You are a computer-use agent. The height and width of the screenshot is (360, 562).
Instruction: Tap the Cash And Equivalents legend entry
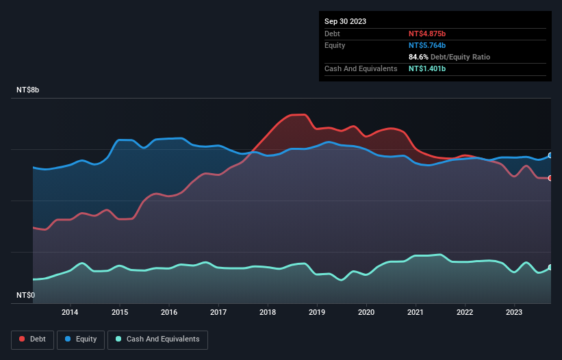click(157, 339)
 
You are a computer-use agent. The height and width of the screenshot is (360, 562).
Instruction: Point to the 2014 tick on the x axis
click(70, 313)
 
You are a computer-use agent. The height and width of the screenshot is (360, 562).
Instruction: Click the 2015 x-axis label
click(119, 313)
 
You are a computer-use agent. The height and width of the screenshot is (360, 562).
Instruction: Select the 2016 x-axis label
click(169, 313)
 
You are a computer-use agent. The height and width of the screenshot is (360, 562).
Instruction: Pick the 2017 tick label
click(218, 313)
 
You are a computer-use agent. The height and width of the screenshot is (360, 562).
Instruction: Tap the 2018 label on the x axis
click(268, 313)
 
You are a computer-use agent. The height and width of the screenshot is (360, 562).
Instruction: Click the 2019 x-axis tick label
click(317, 313)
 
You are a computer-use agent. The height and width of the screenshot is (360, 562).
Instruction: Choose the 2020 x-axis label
click(367, 313)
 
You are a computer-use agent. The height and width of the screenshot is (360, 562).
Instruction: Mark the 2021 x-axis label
click(416, 313)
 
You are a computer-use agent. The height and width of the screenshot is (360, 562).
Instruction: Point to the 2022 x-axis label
click(465, 313)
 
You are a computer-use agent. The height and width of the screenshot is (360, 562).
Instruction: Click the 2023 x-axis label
click(515, 313)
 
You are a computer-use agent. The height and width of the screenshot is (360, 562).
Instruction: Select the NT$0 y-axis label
click(27, 295)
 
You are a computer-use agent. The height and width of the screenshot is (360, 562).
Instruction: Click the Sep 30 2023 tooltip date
click(346, 21)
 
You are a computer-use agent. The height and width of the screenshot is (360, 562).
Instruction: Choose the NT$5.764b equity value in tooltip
click(427, 45)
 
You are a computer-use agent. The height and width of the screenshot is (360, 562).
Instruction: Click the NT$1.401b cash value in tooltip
click(427, 68)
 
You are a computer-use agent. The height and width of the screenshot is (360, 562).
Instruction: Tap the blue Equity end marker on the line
click(550, 155)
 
